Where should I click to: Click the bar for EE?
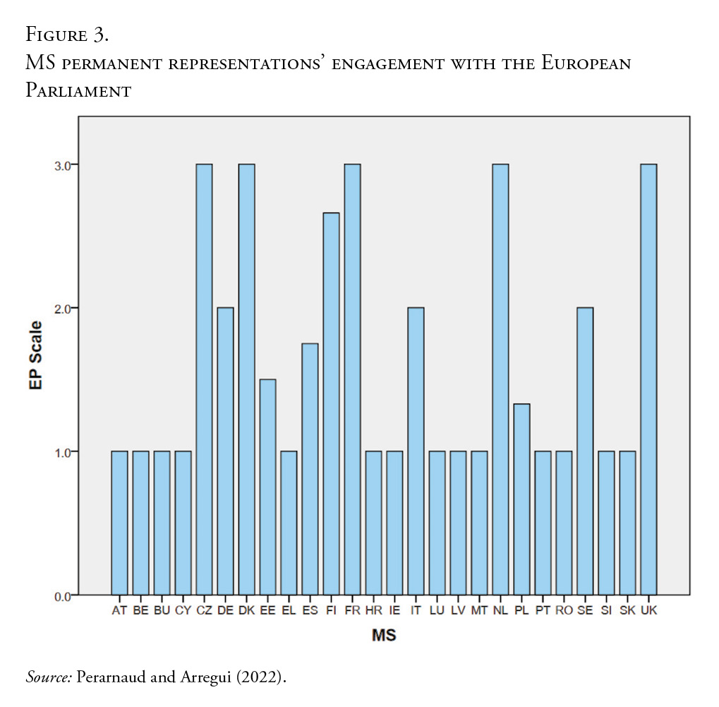pyautogui.click(x=267, y=487)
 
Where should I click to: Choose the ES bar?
pyautogui.click(x=310, y=469)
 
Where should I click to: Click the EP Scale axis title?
pyautogui.click(x=36, y=356)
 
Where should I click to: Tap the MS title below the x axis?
pyautogui.click(x=384, y=636)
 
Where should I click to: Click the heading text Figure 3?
pyautogui.click(x=67, y=34)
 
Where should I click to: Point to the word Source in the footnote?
pyautogui.click(x=48, y=677)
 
